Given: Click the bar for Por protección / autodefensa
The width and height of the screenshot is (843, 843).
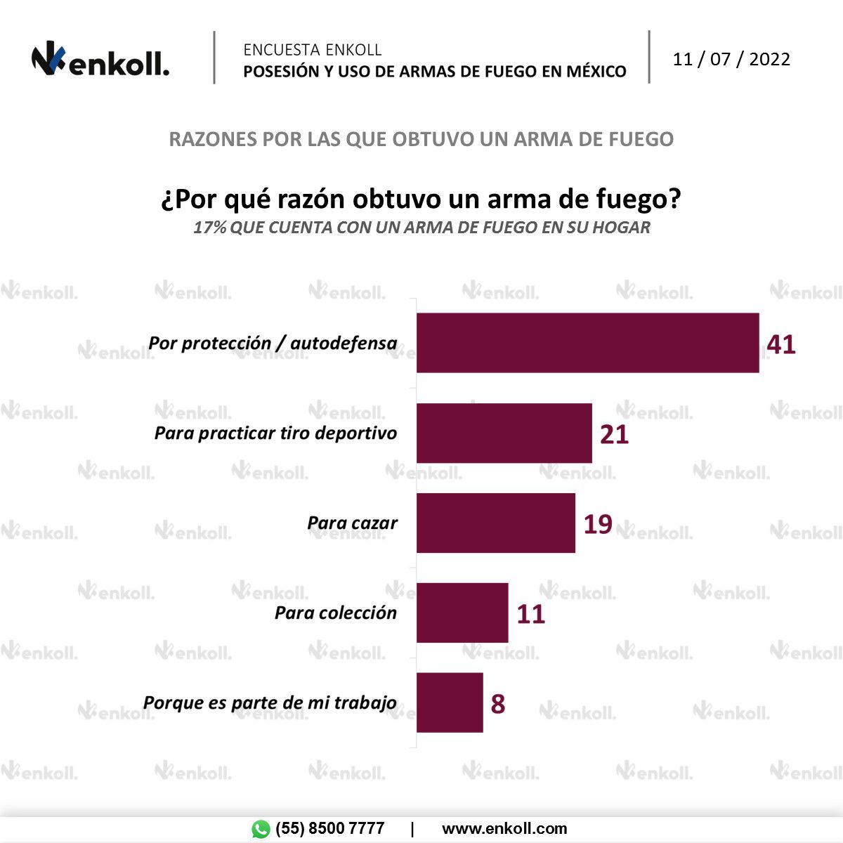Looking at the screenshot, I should point(587,343).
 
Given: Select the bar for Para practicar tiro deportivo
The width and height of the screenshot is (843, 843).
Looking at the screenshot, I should point(504,433).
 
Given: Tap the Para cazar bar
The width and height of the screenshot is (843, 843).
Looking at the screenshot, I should point(495,523).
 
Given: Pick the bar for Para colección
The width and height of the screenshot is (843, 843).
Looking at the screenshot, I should point(462,613).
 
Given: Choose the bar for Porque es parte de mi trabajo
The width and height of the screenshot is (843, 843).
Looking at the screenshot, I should point(450,702).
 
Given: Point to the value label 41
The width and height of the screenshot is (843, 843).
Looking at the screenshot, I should point(781,344).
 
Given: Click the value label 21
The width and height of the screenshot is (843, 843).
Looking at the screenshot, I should point(614,434).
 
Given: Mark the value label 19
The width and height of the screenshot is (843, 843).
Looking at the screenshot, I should point(598,524).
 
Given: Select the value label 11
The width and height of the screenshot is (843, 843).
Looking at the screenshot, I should point(531,614).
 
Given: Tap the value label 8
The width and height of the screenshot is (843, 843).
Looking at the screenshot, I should point(497,703).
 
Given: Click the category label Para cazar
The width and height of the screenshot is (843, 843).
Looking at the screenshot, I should point(352,523).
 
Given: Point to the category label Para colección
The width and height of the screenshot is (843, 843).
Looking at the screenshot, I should point(336,613).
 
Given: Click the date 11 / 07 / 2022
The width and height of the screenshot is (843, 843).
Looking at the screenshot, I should point(731,59).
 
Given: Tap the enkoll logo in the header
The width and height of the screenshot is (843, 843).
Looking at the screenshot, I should point(100,61).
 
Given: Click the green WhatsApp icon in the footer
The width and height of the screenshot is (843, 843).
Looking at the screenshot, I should point(261,829).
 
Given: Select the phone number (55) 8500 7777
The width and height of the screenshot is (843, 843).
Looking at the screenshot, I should point(329,829).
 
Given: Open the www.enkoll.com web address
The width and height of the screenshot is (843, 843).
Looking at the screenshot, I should point(504,829).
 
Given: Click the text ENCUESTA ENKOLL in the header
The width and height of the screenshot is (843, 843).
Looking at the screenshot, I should point(313,50).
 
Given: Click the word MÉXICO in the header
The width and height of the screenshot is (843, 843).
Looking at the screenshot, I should point(596,72).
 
